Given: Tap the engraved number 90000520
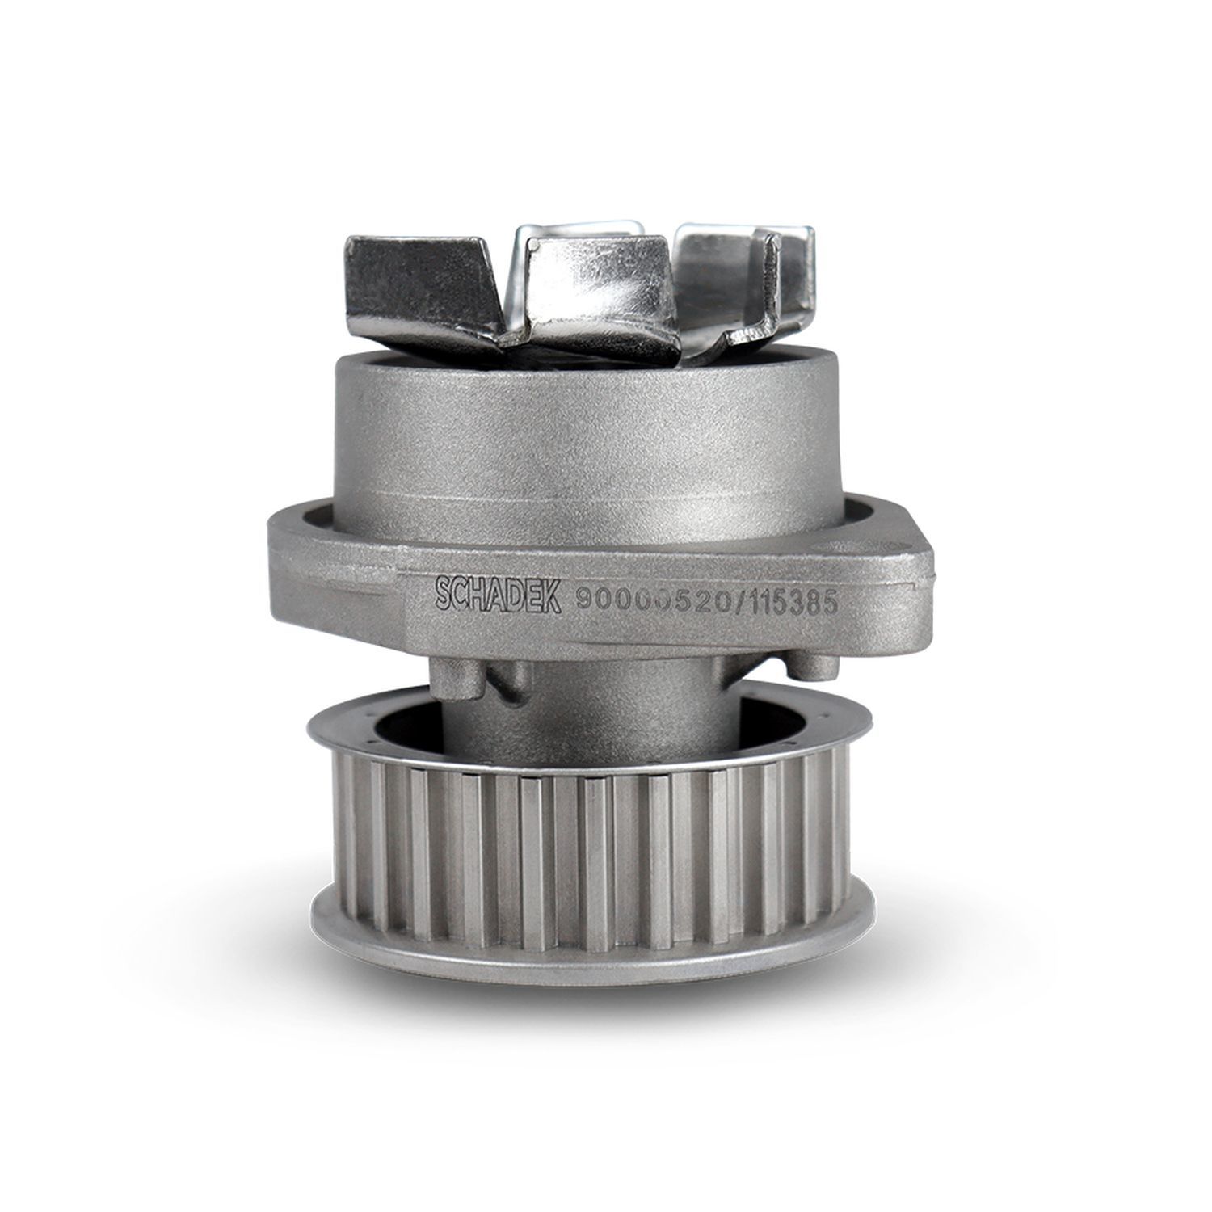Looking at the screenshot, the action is [x=646, y=599].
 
